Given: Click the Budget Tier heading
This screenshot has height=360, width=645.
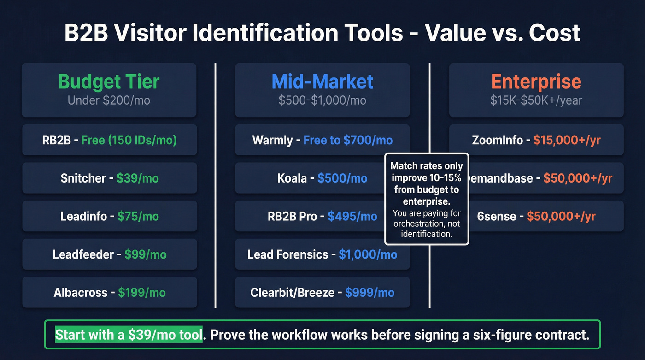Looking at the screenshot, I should click(109, 82).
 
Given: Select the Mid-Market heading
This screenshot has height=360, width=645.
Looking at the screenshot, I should click(322, 82).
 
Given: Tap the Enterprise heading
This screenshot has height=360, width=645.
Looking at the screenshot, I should click(536, 82).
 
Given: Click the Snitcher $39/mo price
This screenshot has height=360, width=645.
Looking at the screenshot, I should click(137, 178).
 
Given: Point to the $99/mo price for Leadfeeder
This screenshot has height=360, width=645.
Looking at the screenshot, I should click(145, 254).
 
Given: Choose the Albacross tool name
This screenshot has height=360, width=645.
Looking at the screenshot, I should click(80, 293).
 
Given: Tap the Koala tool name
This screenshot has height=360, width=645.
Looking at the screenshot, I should click(292, 178).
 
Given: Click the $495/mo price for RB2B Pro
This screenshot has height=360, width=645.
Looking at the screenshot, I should click(352, 216).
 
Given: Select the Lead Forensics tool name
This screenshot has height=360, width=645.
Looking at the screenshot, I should click(288, 254).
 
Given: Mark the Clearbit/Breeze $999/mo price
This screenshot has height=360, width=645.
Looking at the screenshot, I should click(369, 293).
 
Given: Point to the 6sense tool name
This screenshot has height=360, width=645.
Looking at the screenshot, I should click(496, 216).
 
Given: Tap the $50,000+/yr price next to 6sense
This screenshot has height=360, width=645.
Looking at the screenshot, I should click(561, 216).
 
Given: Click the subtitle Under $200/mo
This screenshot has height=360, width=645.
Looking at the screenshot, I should click(109, 100).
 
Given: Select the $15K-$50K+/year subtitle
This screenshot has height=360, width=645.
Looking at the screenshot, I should click(536, 100).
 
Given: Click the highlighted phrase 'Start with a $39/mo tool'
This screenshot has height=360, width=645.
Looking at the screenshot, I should click(129, 335).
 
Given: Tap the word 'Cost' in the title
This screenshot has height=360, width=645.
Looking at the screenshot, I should click(555, 33).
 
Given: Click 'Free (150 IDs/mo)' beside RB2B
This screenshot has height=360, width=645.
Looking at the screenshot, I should click(129, 140).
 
